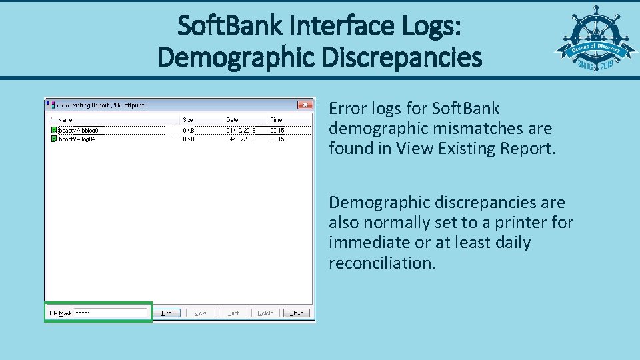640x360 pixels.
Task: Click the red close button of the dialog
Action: (x=305, y=105)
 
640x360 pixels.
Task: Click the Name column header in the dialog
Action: (x=65, y=120)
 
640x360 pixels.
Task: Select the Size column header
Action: (x=189, y=120)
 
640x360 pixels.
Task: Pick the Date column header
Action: (x=232, y=120)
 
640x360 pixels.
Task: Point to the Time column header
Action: (x=275, y=120)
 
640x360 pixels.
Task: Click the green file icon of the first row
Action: (x=54, y=130)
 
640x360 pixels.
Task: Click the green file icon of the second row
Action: (x=54, y=139)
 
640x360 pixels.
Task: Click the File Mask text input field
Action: (x=109, y=313)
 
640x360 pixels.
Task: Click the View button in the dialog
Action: (x=200, y=313)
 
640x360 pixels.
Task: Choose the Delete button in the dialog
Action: (x=265, y=313)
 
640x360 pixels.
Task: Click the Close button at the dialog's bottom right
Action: (x=297, y=313)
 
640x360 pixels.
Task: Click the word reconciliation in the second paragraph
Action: (x=382, y=263)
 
